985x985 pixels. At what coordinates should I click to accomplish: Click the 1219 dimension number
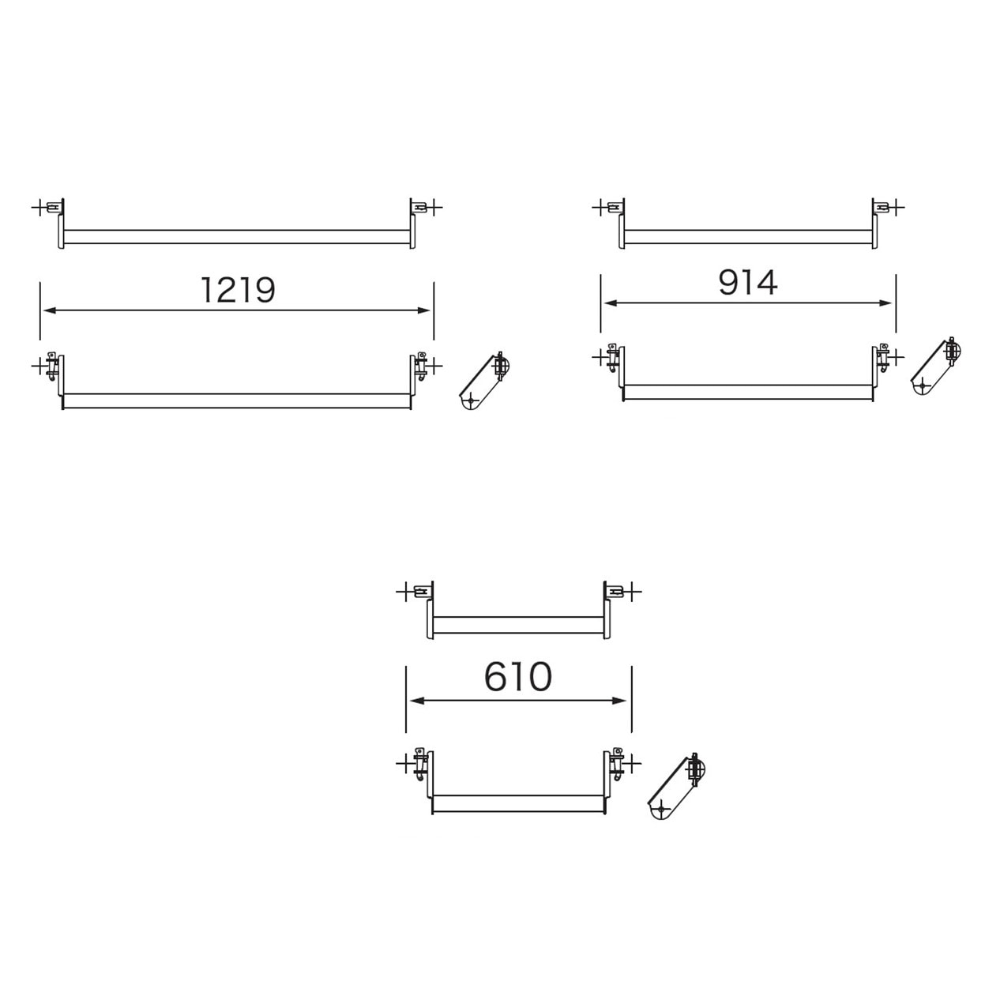pyautogui.click(x=239, y=290)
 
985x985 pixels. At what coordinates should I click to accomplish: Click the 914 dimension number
pyautogui.click(x=747, y=283)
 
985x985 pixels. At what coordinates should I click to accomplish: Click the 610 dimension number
pyautogui.click(x=518, y=677)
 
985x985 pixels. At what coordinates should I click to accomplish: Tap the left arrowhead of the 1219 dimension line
pyautogui.click(x=49, y=310)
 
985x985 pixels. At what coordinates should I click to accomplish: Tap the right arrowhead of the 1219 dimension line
pyautogui.click(x=424, y=310)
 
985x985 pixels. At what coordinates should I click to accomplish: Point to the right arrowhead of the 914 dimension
pyautogui.click(x=885, y=303)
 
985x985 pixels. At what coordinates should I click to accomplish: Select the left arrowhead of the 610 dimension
pyautogui.click(x=416, y=701)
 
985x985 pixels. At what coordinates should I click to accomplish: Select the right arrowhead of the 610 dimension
pyautogui.click(x=620, y=701)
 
